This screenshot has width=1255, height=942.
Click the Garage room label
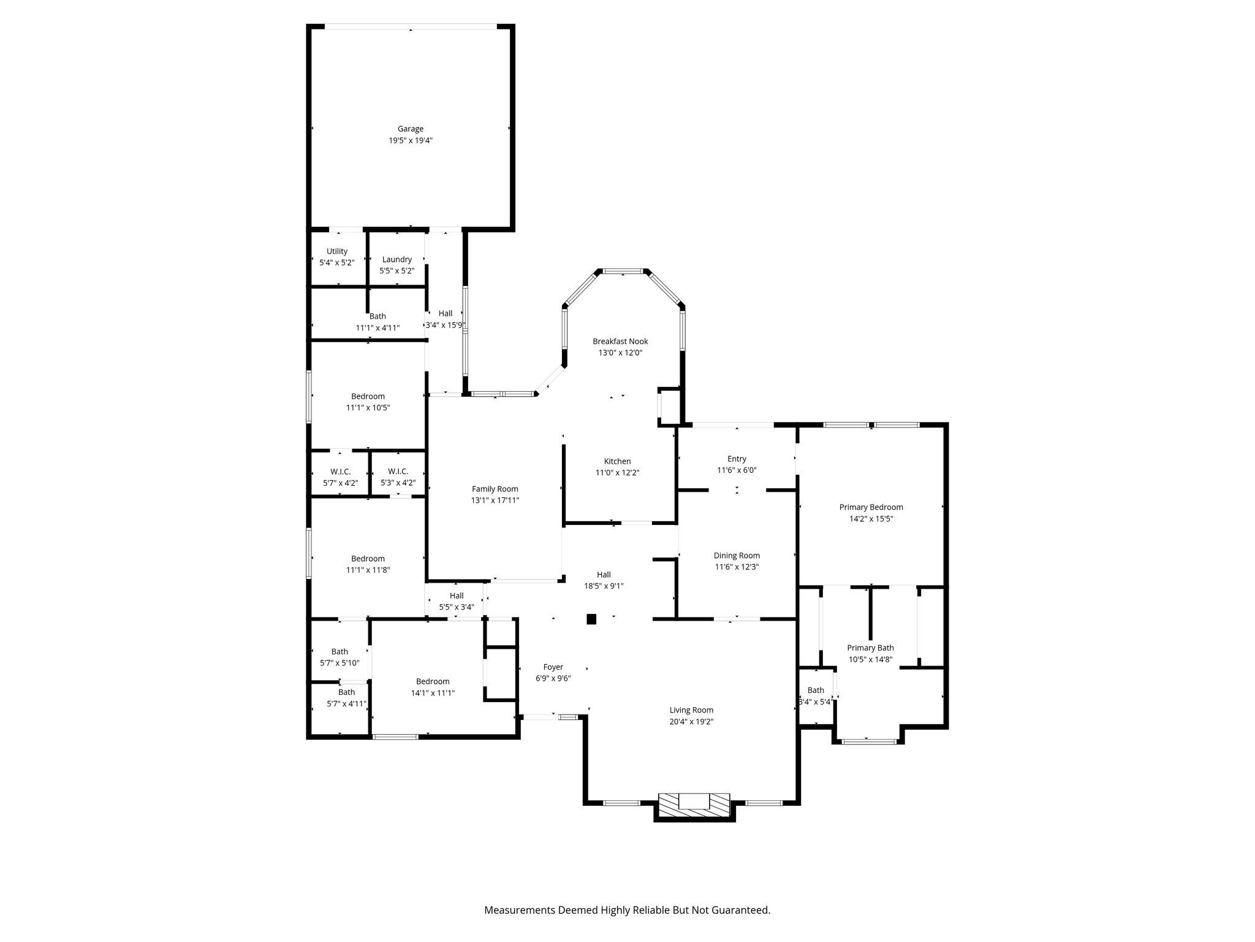[410, 129]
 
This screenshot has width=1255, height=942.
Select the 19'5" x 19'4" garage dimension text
[410, 140]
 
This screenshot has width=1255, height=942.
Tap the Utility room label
[336, 251]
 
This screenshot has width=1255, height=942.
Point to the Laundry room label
[396, 259]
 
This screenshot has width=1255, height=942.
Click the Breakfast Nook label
[620, 341]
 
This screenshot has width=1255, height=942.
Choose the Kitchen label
[617, 461]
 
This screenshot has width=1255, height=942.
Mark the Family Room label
[495, 489]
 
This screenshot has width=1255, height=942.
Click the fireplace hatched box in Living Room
[694, 804]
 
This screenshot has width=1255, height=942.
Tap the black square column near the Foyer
[591, 619]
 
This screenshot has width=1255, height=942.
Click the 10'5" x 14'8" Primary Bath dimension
[870, 659]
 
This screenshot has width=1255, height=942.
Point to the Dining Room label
[737, 556]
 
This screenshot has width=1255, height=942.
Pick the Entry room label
[737, 459]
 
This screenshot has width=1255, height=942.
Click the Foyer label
[553, 667]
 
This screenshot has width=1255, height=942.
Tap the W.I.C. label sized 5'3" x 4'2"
[398, 471]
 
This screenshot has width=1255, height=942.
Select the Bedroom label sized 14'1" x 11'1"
[433, 681]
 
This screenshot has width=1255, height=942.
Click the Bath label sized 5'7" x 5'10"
[339, 651]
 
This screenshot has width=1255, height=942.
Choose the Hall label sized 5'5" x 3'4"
[457, 595]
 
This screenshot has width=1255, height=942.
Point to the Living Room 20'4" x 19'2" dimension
[691, 722]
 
